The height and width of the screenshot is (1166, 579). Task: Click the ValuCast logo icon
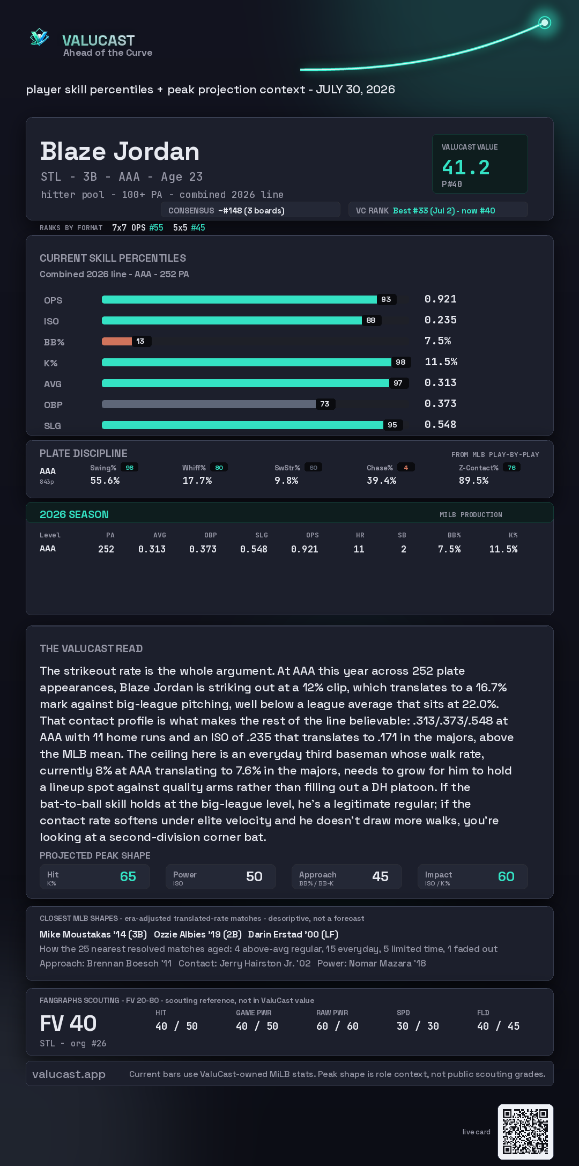[39, 37]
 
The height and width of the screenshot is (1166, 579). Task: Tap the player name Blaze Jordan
[120, 151]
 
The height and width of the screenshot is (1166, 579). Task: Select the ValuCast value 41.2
[466, 167]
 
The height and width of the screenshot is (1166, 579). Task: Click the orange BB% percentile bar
[117, 341]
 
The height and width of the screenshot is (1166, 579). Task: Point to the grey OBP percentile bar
[209, 404]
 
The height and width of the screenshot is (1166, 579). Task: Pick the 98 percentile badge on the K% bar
[400, 362]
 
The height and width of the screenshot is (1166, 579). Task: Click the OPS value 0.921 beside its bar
[441, 299]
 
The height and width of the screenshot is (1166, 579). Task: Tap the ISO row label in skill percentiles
[51, 321]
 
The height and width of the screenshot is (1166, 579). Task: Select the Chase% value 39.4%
[382, 481]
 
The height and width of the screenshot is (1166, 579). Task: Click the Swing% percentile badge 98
[130, 468]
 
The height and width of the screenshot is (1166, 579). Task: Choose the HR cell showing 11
[359, 549]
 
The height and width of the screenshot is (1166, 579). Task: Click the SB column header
[402, 535]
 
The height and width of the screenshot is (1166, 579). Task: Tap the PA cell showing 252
[106, 549]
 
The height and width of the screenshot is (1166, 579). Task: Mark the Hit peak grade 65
[128, 876]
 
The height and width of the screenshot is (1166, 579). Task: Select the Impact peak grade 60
[506, 876]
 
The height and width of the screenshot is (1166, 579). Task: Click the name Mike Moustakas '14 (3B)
[93, 934]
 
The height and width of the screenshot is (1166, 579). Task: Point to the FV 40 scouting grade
[69, 1023]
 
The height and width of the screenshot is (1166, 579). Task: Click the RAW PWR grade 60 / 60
[337, 1026]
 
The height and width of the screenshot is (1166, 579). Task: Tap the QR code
[525, 1132]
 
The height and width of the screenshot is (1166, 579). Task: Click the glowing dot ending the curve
[545, 23]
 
